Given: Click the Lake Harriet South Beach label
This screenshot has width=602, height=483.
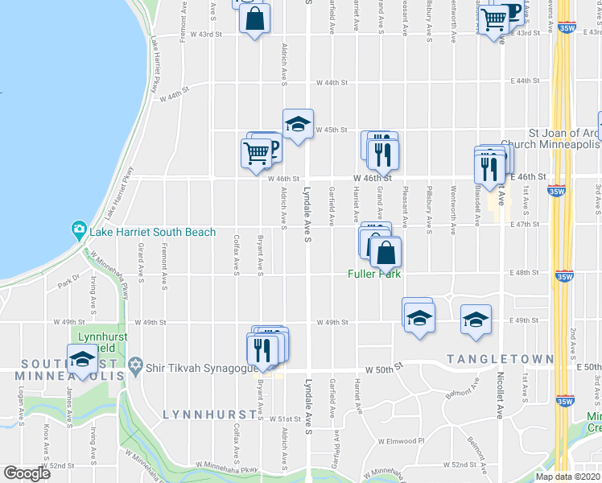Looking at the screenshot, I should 153,233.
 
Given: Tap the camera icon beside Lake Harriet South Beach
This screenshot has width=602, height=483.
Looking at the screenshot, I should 80,232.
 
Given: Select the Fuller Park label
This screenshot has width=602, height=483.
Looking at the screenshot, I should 374,274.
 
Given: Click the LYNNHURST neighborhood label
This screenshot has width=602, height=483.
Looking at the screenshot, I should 209,414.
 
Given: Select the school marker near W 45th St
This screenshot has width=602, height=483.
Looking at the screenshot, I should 298,125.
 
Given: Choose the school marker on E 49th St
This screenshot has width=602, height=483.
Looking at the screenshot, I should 476,319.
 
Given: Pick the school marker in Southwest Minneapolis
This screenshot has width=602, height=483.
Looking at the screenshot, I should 83,360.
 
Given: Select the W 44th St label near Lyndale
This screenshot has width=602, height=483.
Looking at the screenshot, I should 332,82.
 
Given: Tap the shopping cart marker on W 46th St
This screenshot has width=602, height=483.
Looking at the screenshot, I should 256,152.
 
